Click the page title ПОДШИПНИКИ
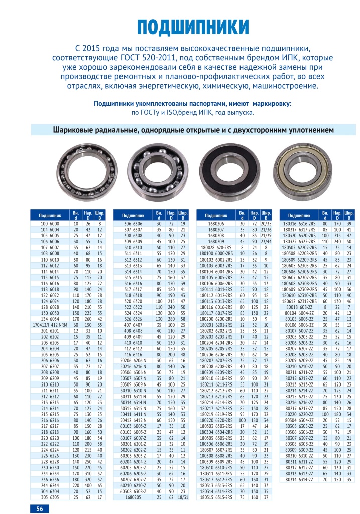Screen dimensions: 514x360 click(193, 27)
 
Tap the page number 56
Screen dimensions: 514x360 click(39, 508)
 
